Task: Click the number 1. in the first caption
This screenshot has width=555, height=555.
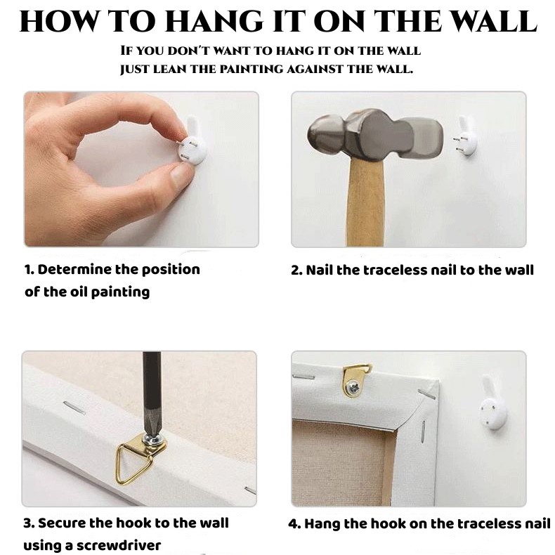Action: point(29,270)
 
